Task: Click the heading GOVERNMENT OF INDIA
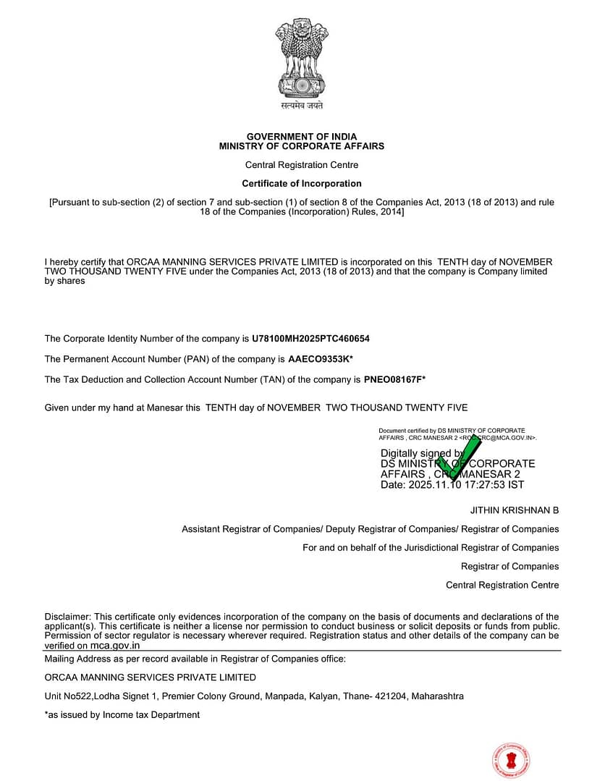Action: [x=302, y=137]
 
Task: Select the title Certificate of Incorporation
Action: [x=302, y=184]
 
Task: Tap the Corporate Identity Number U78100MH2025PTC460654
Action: [x=311, y=339]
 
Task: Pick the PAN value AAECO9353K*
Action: [x=321, y=359]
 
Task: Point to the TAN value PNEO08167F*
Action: [x=395, y=379]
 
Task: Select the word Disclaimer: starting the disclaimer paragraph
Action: [x=68, y=617]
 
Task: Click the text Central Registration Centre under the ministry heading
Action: [x=302, y=165]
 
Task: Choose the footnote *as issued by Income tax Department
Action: [x=122, y=715]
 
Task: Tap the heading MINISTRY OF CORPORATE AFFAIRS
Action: [x=302, y=146]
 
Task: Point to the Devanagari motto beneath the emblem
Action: [x=302, y=106]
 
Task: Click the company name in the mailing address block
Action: [x=151, y=677]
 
